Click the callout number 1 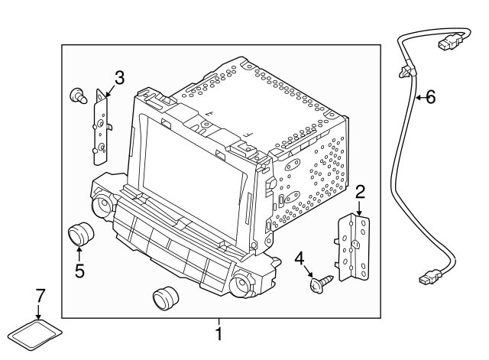click(x=219, y=334)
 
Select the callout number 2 click(x=360, y=192)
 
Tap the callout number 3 click(x=119, y=78)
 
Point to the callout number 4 click(x=299, y=258)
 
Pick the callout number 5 click(x=79, y=270)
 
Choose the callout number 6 click(x=431, y=97)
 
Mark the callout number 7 click(x=40, y=296)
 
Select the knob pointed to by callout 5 click(x=81, y=234)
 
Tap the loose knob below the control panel click(x=165, y=297)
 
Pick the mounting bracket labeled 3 click(x=102, y=127)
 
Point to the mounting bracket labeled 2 click(x=353, y=247)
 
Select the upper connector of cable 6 click(x=448, y=42)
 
